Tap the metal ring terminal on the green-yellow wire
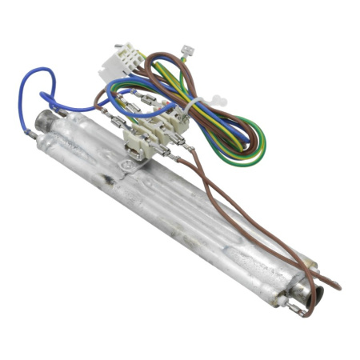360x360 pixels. (x=188, y=52)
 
